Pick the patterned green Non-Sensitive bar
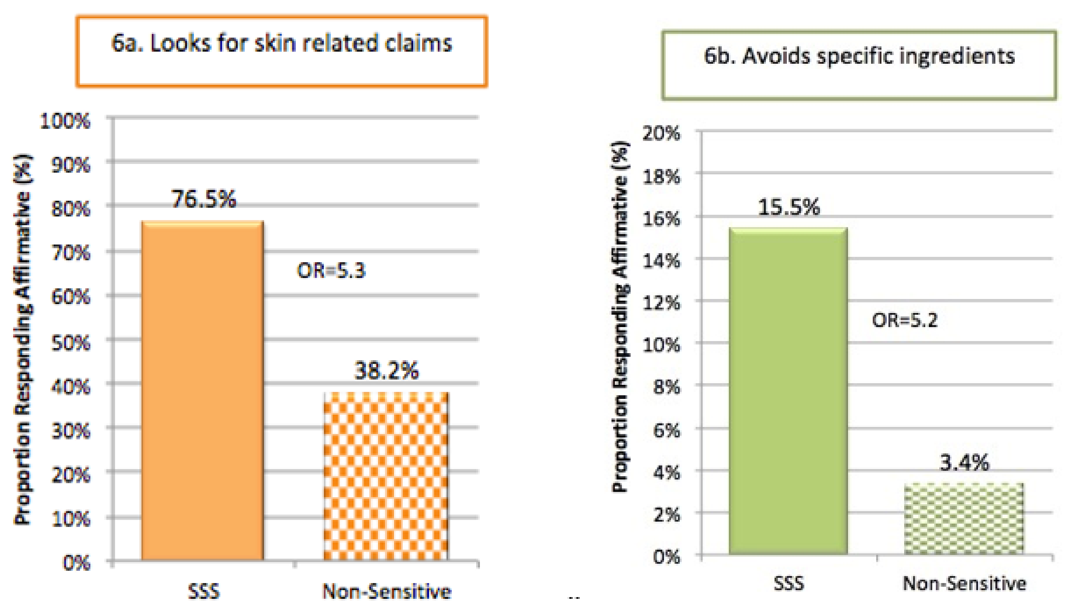click(x=964, y=519)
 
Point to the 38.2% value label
click(x=386, y=371)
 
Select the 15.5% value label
click(x=789, y=207)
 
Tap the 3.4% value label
click(x=964, y=463)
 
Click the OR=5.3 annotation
click(x=331, y=270)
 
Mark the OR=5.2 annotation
click(x=904, y=320)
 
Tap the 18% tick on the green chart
click(x=661, y=177)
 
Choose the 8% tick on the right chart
click(x=666, y=387)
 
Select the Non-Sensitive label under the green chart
click(x=964, y=583)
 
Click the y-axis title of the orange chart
click(x=23, y=341)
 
